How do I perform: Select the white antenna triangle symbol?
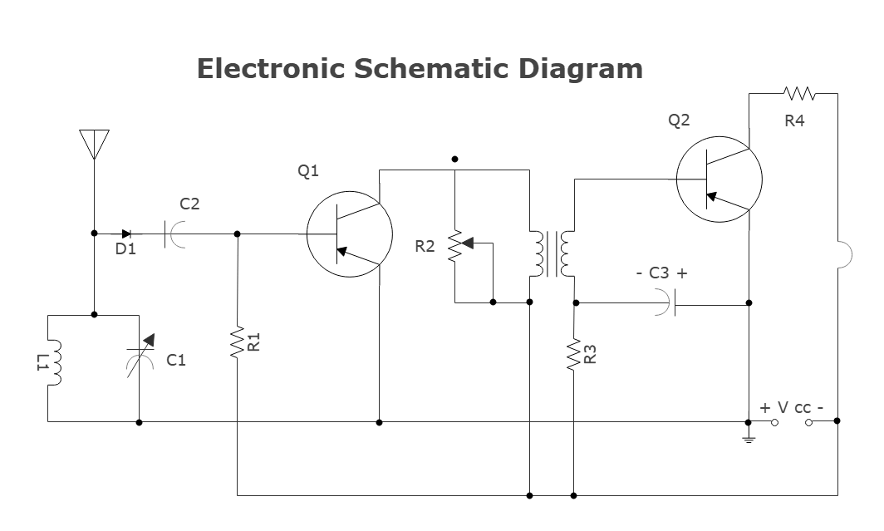(95, 144)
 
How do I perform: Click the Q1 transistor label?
(308, 171)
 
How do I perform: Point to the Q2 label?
(679, 120)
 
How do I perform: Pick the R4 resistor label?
(794, 120)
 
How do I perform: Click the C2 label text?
(189, 204)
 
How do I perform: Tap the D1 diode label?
(125, 248)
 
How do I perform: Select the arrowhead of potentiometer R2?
(467, 243)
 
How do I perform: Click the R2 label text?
(425, 246)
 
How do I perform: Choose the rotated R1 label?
(255, 342)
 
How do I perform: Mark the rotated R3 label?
(591, 354)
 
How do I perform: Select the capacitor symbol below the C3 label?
(665, 302)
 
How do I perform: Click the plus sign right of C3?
(682, 273)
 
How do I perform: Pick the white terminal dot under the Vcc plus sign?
(774, 422)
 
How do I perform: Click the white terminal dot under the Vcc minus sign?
(808, 422)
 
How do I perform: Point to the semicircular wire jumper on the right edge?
(844, 255)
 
